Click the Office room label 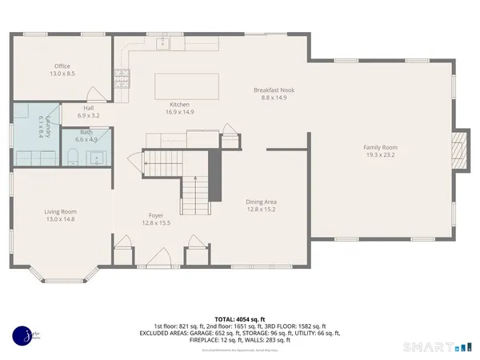62,66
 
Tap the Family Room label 380,147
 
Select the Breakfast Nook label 274,90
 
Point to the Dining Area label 260,202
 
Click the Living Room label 66,212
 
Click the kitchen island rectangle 186,85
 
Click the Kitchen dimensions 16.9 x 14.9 179,113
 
